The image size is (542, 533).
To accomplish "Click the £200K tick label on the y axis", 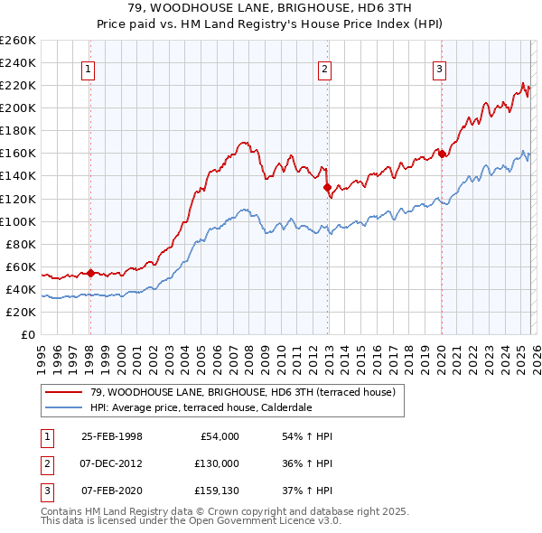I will tap(18, 108).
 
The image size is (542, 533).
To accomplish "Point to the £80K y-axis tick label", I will tap(21, 244).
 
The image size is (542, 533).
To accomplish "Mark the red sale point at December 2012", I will tap(327, 187).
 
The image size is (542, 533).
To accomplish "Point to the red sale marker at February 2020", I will tap(442, 154).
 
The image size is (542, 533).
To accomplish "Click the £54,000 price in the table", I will tap(220, 436).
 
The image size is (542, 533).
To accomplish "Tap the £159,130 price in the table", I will tap(217, 491).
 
